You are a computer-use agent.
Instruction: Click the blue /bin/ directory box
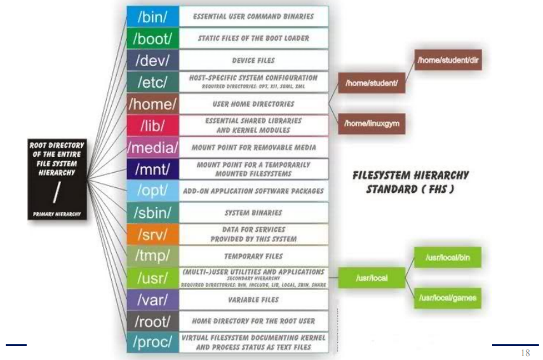(152, 16)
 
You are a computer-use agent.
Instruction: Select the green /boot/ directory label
(152, 38)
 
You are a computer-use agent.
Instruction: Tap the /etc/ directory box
(152, 82)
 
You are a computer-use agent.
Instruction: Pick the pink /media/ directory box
(152, 147)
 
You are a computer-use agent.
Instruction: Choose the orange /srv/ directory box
(152, 234)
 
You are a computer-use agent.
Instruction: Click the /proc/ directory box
(152, 342)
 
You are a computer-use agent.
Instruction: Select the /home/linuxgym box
(372, 123)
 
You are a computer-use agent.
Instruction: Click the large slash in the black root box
(57, 189)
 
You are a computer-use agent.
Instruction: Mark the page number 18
(525, 353)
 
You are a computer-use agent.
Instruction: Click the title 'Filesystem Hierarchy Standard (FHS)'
(410, 182)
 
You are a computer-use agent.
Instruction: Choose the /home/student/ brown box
(372, 83)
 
